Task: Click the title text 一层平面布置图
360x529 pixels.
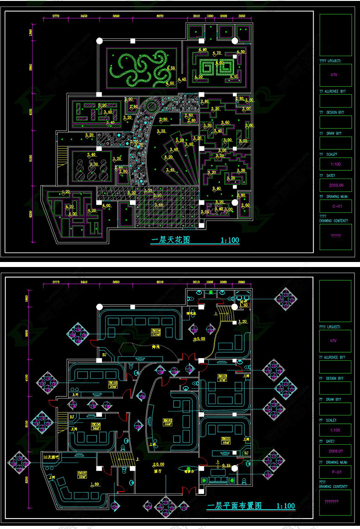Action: click(231, 506)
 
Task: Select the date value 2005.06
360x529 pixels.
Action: click(335, 185)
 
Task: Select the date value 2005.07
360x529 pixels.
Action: click(335, 451)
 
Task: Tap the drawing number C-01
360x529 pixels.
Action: click(335, 206)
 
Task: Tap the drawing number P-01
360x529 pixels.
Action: click(335, 472)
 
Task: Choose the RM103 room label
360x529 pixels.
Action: click(222, 377)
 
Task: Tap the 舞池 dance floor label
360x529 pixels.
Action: click(156, 347)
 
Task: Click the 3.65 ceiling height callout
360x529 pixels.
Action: click(158, 205)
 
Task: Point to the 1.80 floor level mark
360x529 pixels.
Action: click(95, 484)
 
